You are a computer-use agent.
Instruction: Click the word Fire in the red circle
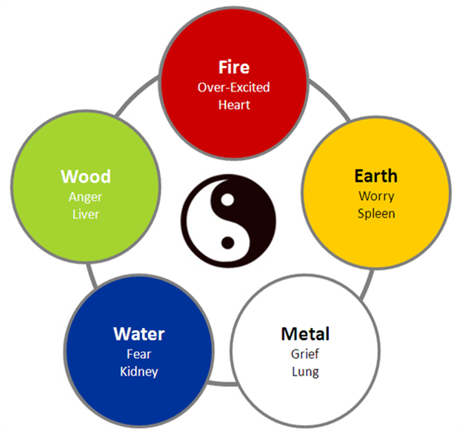point(233,67)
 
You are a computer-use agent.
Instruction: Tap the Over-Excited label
point(233,87)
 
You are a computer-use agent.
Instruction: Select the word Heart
point(233,104)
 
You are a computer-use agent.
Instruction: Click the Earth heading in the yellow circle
point(375,176)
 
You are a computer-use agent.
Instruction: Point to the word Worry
point(375,196)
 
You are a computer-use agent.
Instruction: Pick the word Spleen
point(375,213)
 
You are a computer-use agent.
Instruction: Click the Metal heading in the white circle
point(305,333)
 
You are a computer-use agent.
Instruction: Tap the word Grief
point(305,353)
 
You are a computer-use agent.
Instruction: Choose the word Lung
point(305,371)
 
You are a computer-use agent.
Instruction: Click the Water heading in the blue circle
point(139,334)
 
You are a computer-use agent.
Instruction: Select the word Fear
point(139,354)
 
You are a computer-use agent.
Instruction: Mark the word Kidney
point(139,371)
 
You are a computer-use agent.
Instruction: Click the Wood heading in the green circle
point(86,177)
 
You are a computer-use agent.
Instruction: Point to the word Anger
point(86,197)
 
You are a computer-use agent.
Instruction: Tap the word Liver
point(86,214)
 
